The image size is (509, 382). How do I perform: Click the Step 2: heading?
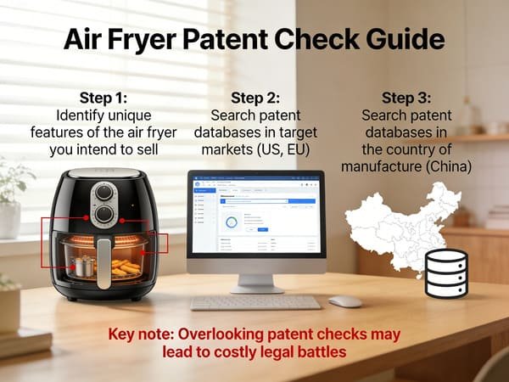(x=255, y=96)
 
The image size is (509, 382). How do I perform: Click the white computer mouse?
(x=345, y=301)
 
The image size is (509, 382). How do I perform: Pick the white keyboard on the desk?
(x=243, y=302)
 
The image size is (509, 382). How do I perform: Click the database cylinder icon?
(x=446, y=273)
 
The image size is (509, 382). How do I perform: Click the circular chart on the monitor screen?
(x=231, y=222)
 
